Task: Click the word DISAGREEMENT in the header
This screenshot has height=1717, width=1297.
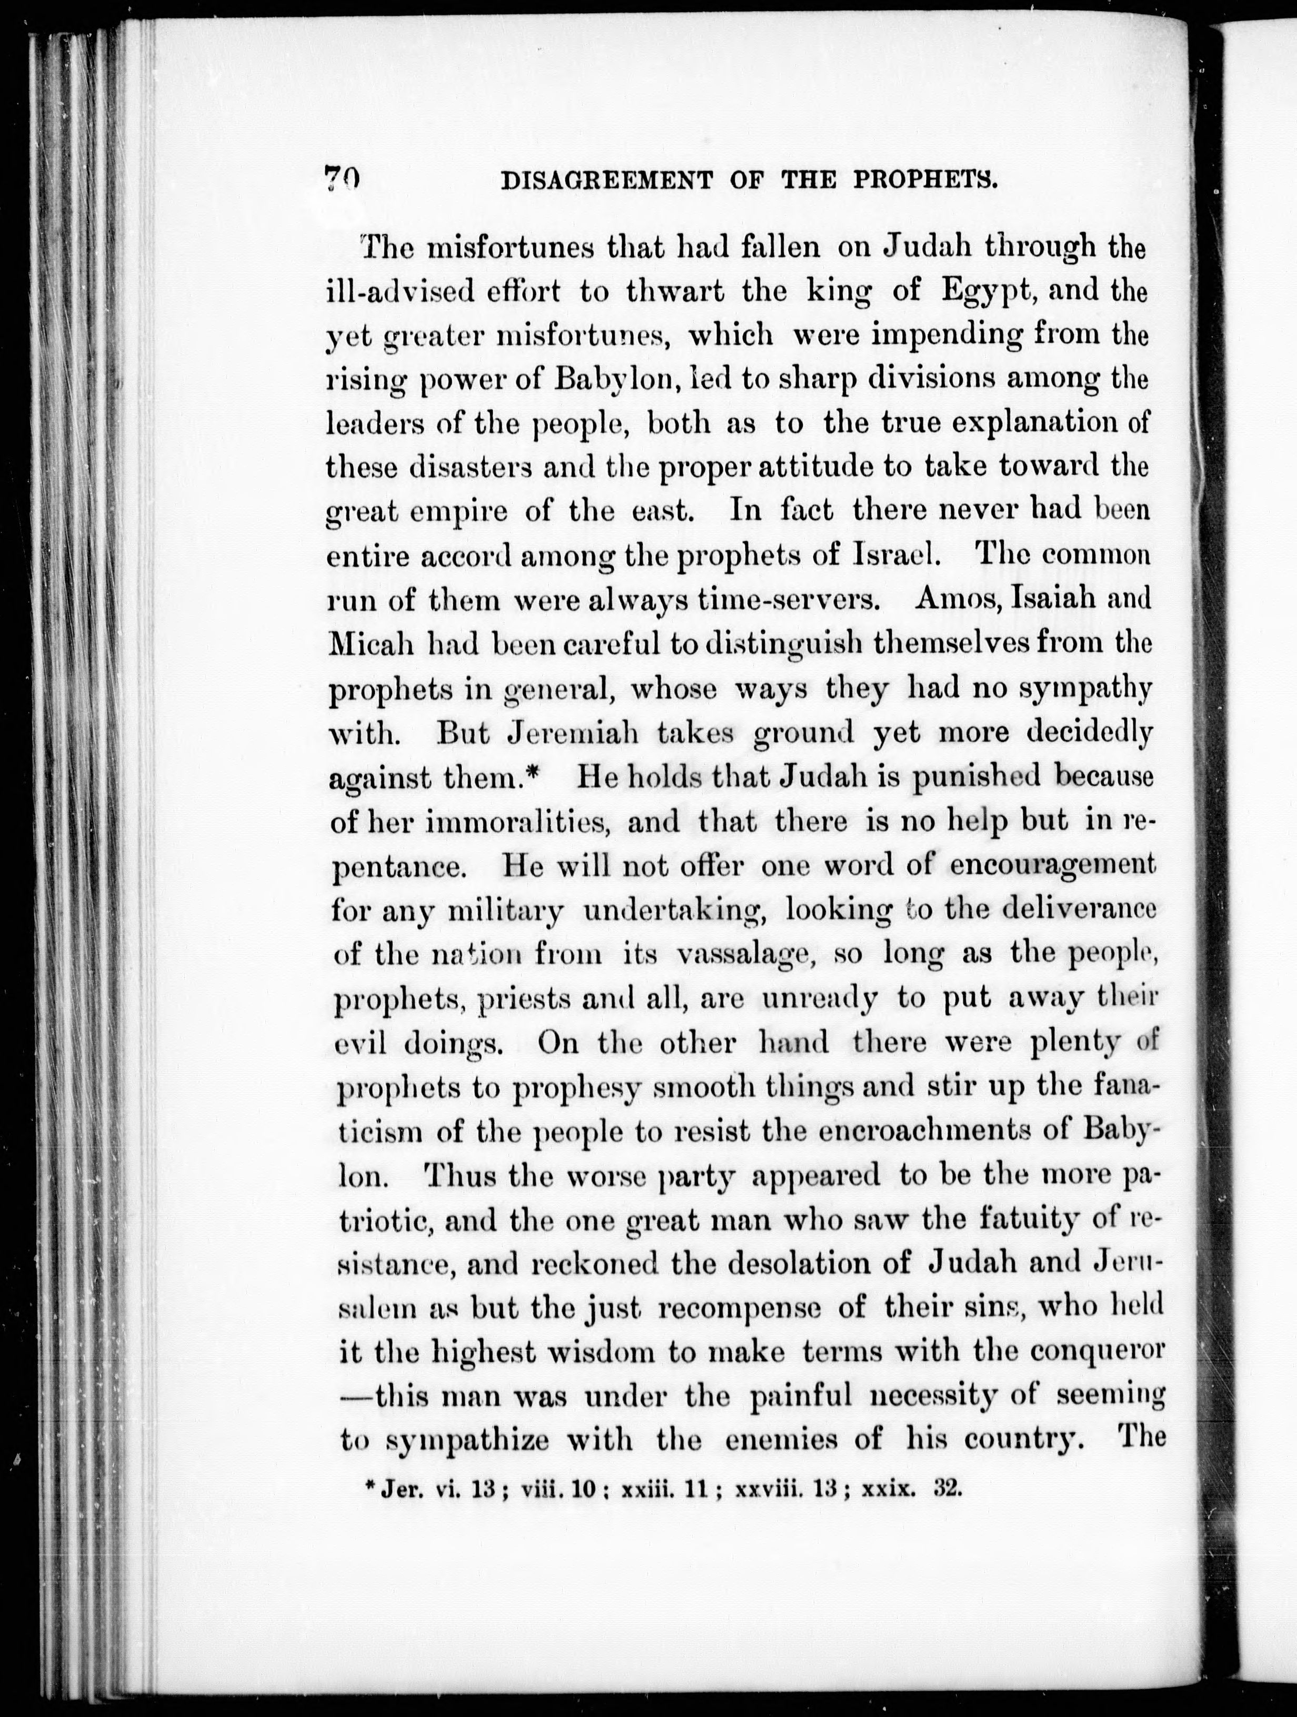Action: (606, 181)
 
